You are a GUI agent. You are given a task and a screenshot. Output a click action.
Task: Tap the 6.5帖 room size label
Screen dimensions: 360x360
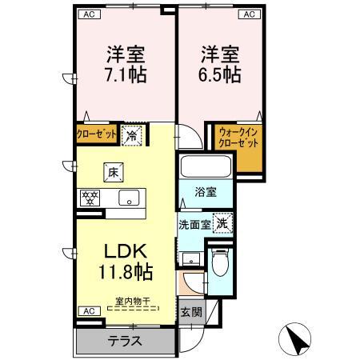click(x=219, y=75)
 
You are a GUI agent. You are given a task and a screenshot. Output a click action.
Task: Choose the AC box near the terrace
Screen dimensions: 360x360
click(x=86, y=310)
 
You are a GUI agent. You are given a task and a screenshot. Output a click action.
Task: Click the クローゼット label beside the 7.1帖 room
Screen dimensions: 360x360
click(x=97, y=134)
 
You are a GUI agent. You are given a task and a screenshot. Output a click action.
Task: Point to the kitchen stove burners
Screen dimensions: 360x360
click(x=90, y=197)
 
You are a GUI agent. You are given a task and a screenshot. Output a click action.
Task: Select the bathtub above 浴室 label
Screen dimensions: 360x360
click(x=206, y=168)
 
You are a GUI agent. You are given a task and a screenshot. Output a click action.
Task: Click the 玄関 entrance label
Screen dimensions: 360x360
click(x=186, y=311)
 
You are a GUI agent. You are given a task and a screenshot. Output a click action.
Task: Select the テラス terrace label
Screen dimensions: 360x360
click(x=126, y=342)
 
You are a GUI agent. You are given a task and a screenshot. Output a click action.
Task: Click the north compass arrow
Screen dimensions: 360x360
click(x=297, y=338)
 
